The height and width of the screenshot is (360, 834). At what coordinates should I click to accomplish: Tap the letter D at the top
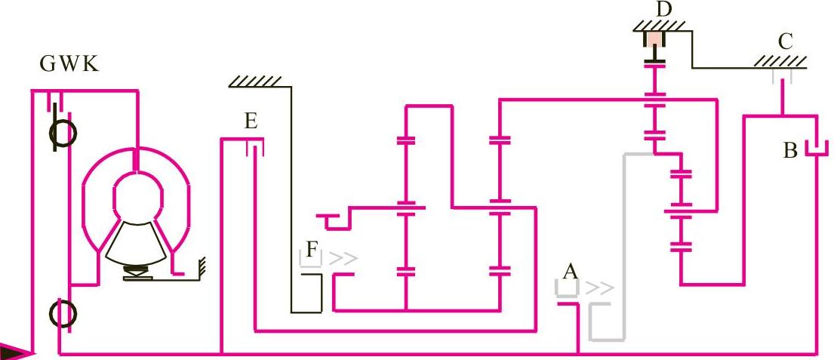664,9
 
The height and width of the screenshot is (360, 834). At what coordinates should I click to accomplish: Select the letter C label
786,42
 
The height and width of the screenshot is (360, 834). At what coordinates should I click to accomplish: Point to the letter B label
790,150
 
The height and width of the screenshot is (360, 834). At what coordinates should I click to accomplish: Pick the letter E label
251,122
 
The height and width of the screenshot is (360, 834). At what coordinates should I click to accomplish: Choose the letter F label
312,248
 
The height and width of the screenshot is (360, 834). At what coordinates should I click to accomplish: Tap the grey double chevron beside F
343,259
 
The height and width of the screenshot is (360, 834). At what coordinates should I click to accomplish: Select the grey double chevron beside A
601,288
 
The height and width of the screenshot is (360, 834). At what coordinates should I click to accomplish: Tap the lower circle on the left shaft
62,311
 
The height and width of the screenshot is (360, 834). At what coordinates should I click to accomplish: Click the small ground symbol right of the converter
200,266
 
